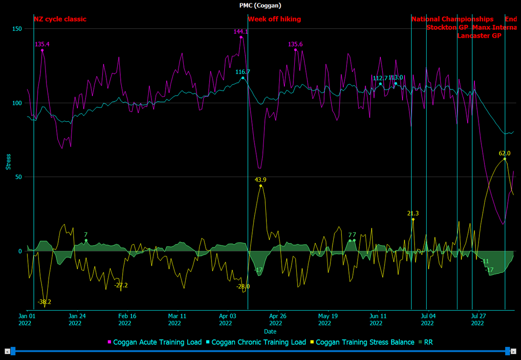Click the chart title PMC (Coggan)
(260, 5)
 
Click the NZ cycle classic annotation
(60, 19)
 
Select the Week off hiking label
(274, 19)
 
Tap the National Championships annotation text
(452, 19)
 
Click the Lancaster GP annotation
(479, 36)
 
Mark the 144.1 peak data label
(241, 31)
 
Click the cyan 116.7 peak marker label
(242, 72)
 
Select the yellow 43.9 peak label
(260, 180)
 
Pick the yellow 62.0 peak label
(504, 153)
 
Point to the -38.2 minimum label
(44, 302)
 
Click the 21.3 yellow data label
(413, 213)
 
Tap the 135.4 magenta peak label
(42, 44)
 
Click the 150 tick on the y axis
(17, 29)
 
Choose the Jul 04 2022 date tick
(427, 319)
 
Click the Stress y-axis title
(8, 162)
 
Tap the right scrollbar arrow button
(514, 351)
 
